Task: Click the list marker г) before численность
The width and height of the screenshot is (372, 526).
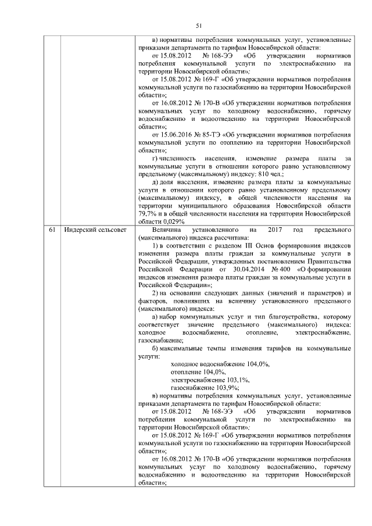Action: tap(155, 158)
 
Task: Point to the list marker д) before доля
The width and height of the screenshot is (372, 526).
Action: tap(155, 182)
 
